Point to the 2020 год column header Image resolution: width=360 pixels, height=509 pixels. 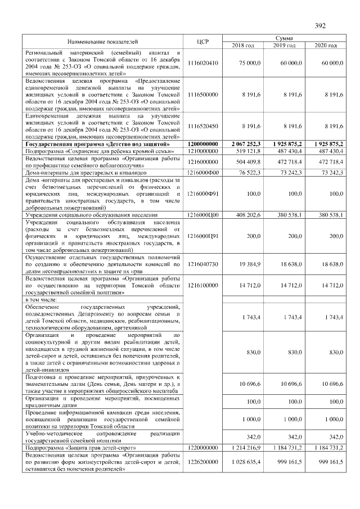point(326,45)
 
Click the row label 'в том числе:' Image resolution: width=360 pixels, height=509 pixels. point(42,300)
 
